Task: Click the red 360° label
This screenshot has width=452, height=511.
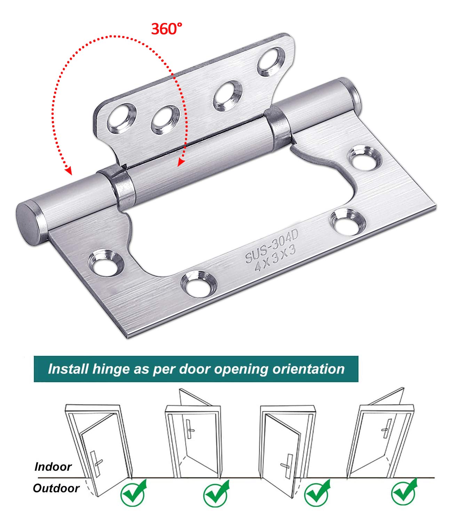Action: click(166, 28)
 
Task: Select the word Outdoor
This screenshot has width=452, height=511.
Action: click(56, 488)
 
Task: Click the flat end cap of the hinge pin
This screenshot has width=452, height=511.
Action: click(29, 222)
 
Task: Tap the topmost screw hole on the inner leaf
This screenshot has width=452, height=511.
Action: click(271, 61)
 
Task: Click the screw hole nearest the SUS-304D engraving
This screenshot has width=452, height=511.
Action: click(348, 221)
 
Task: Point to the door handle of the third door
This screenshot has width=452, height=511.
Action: click(287, 466)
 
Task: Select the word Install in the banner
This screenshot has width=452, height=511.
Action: click(68, 369)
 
